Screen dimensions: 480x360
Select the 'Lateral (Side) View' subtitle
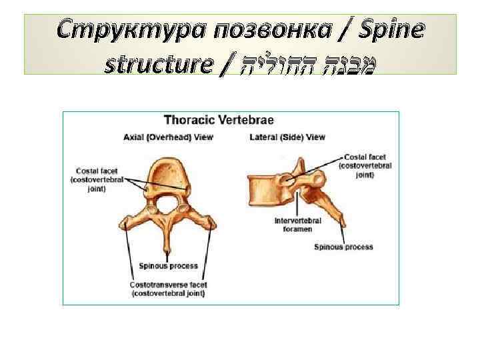click(287, 138)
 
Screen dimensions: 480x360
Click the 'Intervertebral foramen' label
click(297, 225)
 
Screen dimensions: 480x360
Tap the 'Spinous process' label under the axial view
click(168, 266)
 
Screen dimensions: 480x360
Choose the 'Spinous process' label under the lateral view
click(343, 247)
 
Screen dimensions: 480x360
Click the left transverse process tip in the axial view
click(123, 224)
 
